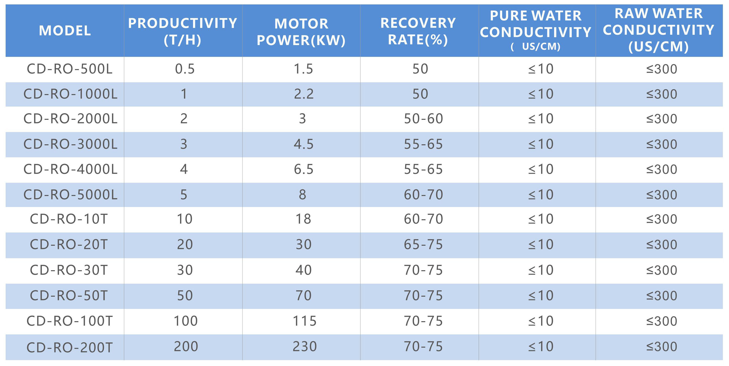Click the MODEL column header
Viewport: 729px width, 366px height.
pyautogui.click(x=65, y=31)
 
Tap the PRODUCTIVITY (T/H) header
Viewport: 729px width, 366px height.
pyautogui.click(x=182, y=31)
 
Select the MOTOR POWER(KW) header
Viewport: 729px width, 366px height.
pyautogui.click(x=301, y=32)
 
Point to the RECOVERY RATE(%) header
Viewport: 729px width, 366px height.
pyautogui.click(x=418, y=31)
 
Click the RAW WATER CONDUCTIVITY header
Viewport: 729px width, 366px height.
pyautogui.click(x=658, y=30)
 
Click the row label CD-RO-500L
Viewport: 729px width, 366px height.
pyautogui.click(x=70, y=69)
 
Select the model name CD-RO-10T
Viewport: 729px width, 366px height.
pyautogui.click(x=69, y=219)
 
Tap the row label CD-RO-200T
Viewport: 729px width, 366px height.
pyautogui.click(x=70, y=347)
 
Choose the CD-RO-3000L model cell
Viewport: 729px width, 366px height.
pyautogui.click(x=70, y=144)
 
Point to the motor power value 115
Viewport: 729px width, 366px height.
pyautogui.click(x=304, y=321)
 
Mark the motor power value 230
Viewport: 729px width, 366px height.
pyautogui.click(x=304, y=346)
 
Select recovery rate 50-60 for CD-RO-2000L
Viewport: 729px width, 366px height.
pyautogui.click(x=423, y=119)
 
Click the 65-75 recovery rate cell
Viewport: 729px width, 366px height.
pyautogui.click(x=423, y=244)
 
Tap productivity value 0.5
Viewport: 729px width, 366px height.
pyautogui.click(x=185, y=69)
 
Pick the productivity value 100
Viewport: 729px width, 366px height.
pyautogui.click(x=186, y=321)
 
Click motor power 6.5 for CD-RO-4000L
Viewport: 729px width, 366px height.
pyautogui.click(x=304, y=169)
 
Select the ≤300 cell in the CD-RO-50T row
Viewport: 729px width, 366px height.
pyautogui.click(x=662, y=296)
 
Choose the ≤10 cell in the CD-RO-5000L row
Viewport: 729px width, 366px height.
pyautogui.click(x=541, y=195)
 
